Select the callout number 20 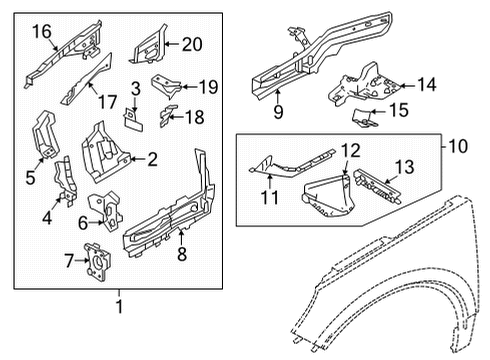[x=192, y=42]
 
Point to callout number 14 [x=426, y=86]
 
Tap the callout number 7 [x=67, y=261]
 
